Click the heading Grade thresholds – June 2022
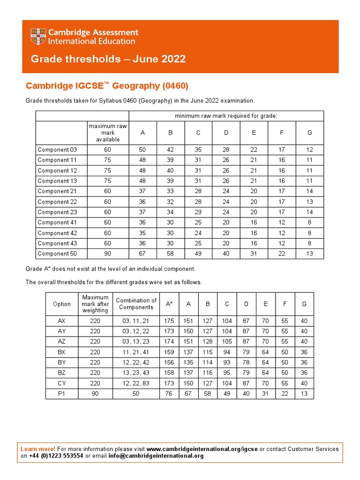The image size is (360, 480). click(108, 59)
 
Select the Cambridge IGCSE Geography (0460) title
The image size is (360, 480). click(107, 86)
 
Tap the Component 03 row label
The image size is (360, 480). click(57, 150)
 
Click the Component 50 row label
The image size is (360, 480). click(57, 254)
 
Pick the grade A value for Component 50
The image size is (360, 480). click(142, 254)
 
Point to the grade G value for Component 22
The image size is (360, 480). click(309, 202)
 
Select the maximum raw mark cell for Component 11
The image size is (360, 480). click(108, 160)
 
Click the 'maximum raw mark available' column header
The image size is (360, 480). click(108, 133)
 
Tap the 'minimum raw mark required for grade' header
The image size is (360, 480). click(226, 116)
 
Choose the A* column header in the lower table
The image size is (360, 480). click(169, 304)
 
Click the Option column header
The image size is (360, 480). click(62, 304)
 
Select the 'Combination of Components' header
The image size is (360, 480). click(136, 304)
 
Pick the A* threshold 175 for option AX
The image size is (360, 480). click(169, 321)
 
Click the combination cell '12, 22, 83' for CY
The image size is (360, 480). click(136, 383)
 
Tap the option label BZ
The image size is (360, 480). click(62, 373)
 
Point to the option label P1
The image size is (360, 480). click(62, 394)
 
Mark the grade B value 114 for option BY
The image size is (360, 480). click(208, 363)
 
